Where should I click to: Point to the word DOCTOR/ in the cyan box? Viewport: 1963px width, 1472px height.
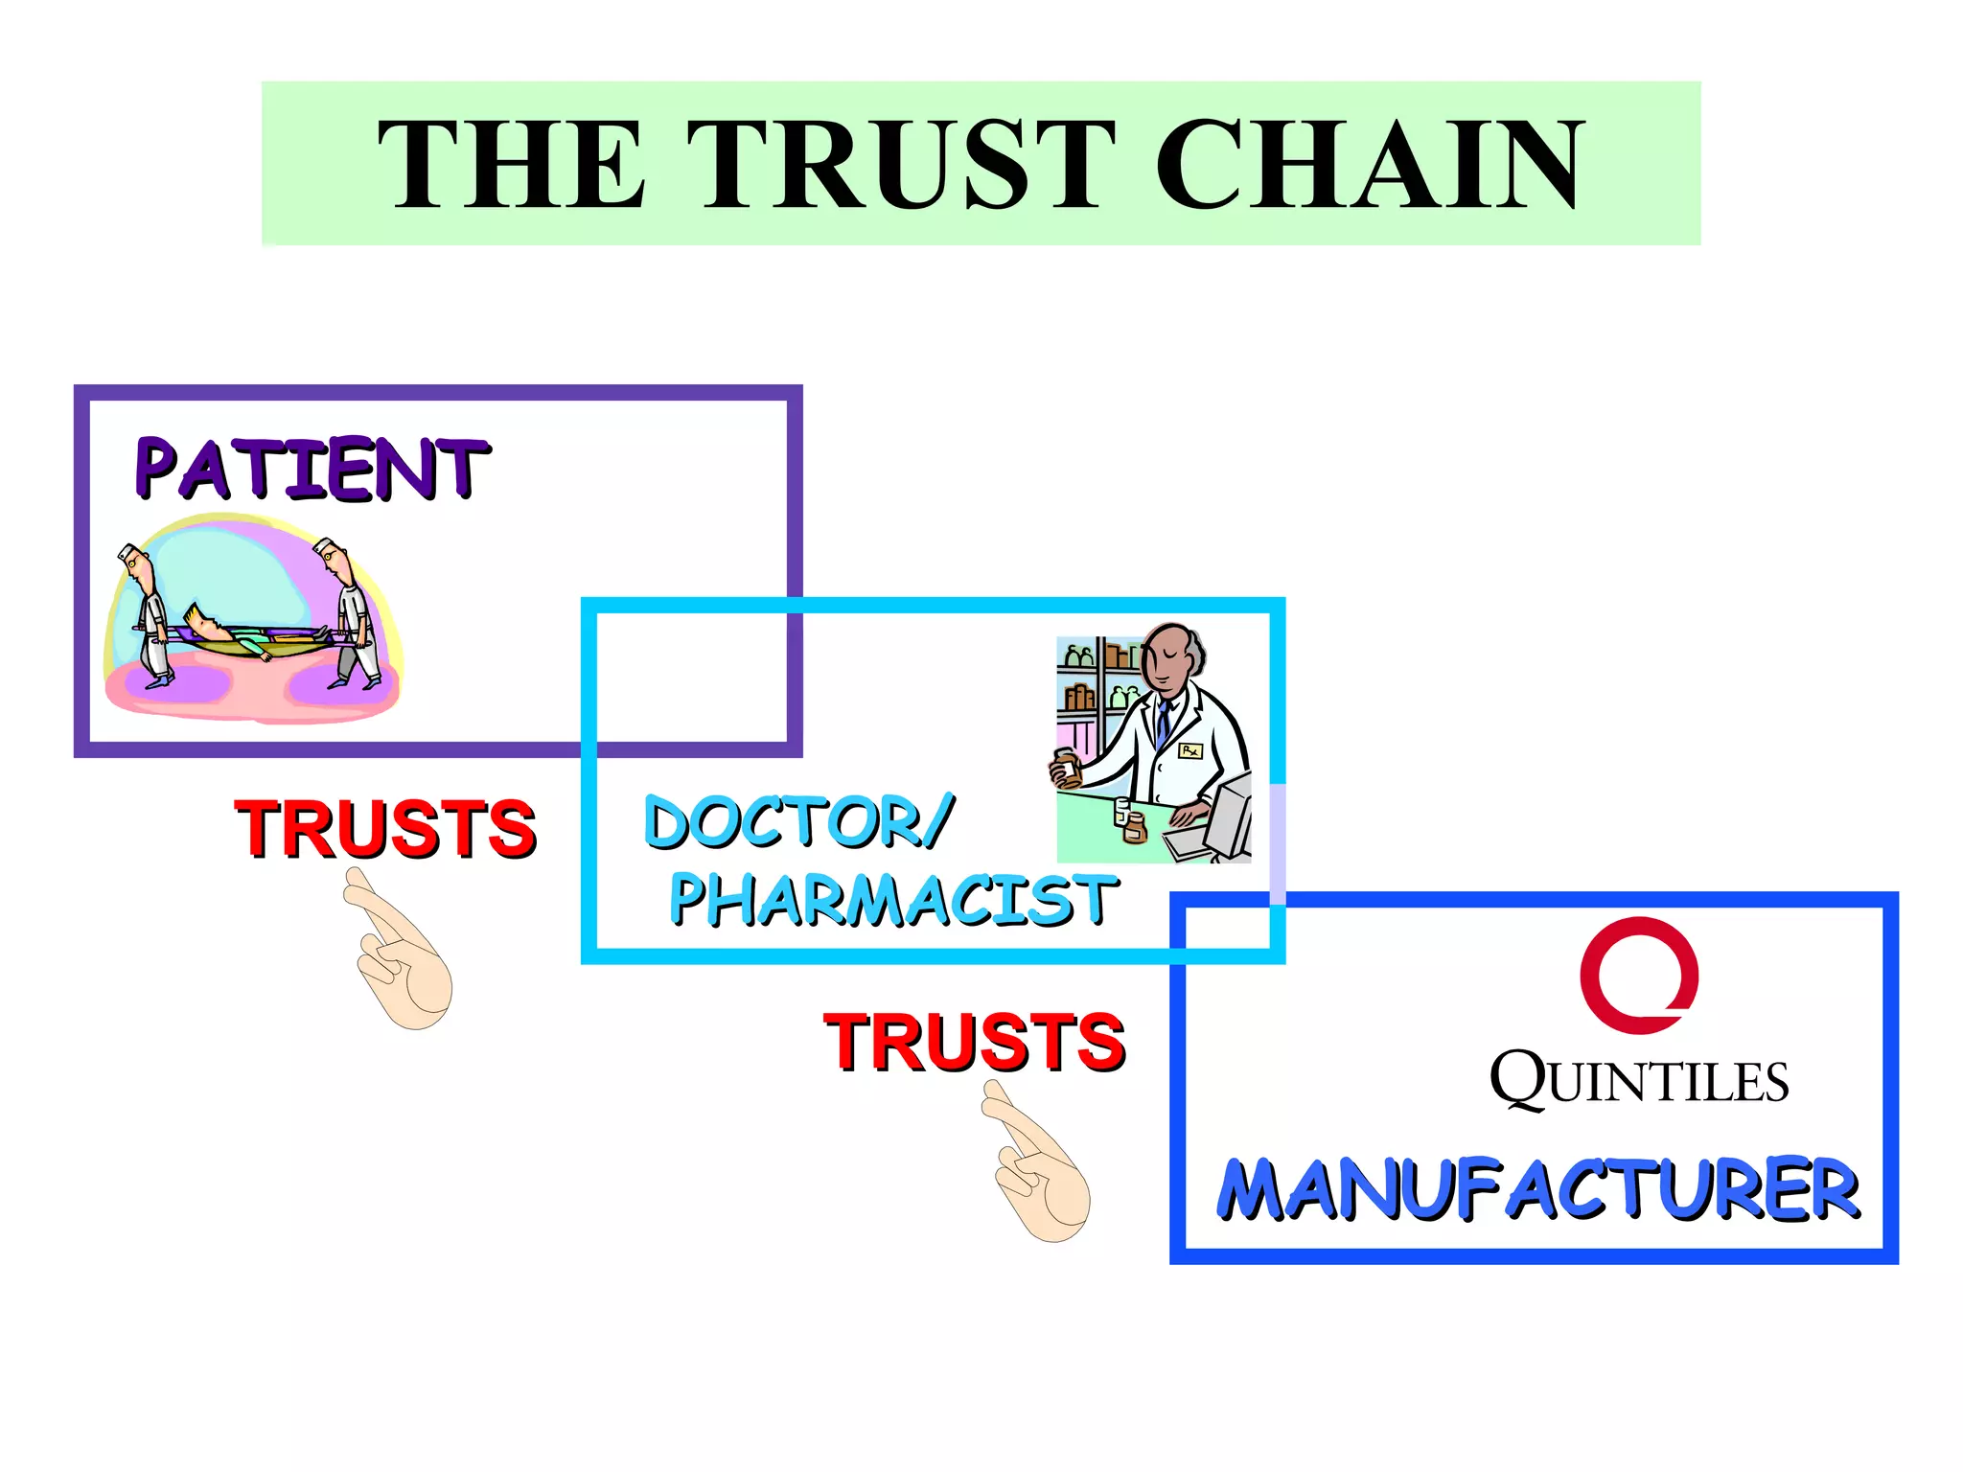798,821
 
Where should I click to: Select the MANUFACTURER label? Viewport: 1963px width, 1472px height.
1537,1189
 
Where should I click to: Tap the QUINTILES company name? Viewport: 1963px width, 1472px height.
1638,1081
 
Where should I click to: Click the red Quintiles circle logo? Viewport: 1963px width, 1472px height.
1638,975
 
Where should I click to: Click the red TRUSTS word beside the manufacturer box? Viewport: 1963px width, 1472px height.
974,1042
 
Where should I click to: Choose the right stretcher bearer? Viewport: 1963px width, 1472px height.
351,613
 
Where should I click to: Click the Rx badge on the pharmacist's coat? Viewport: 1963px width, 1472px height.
1189,751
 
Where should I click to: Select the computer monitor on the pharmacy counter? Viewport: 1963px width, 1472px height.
1231,815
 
